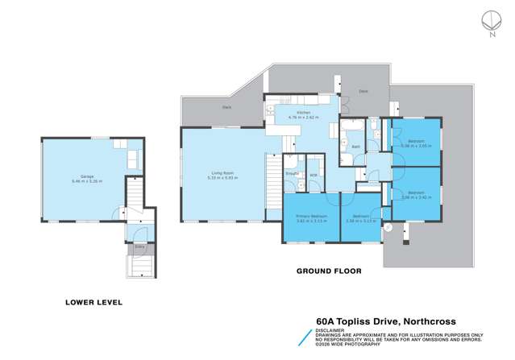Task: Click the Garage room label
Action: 86,176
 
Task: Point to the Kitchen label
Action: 303,113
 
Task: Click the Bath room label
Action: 355,147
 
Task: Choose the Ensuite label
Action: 293,174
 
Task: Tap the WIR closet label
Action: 314,175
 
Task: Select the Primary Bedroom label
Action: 310,217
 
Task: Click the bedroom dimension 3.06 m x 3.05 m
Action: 416,146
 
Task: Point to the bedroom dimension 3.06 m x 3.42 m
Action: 416,197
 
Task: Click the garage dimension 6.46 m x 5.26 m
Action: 86,181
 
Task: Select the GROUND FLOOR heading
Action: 328,271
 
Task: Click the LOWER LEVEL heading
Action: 93,303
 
